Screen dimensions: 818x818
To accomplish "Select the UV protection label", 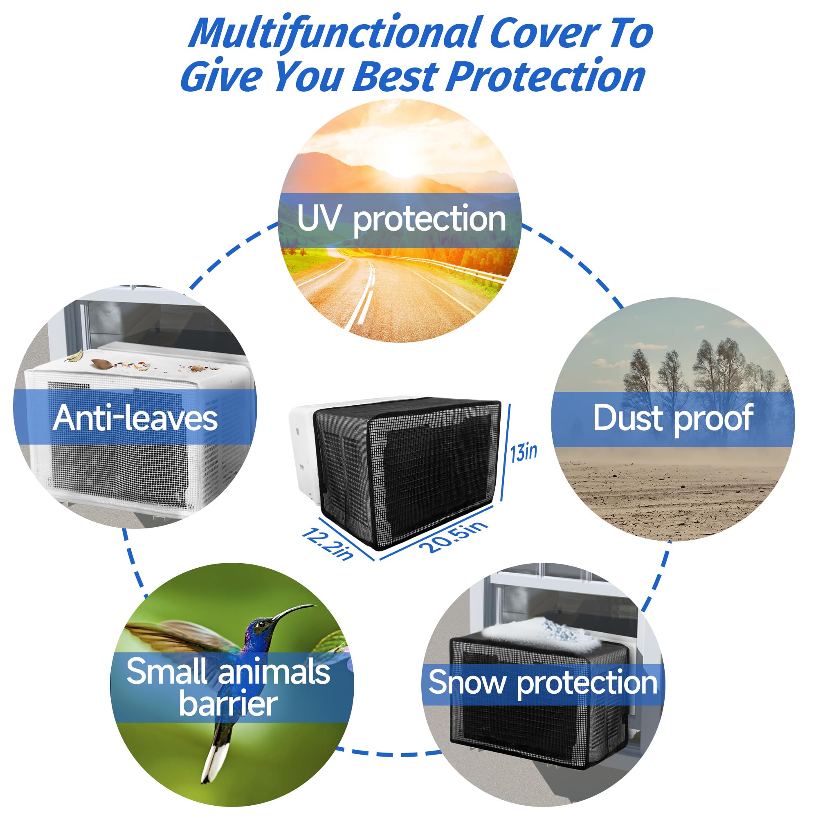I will click(x=401, y=219).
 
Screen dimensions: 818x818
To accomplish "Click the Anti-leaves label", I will click(x=135, y=418).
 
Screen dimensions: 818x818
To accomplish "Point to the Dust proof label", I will click(x=673, y=418).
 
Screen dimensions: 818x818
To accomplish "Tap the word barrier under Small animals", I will click(x=228, y=703).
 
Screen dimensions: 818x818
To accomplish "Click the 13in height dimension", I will click(x=524, y=453).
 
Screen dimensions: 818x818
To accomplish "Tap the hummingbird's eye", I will click(x=261, y=625).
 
